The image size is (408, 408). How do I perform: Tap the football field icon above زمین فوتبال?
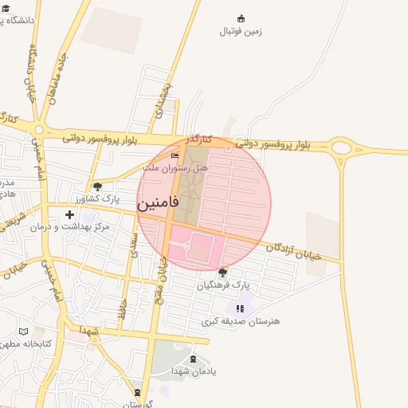click(241, 18)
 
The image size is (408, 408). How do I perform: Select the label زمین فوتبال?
click(241, 32)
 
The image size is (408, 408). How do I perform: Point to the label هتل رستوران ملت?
click(175, 168)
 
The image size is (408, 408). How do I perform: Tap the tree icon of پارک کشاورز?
click(97, 186)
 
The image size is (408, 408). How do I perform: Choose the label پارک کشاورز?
click(96, 198)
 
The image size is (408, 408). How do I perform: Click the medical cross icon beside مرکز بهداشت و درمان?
click(70, 214)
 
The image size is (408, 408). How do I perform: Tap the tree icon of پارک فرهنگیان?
click(222, 273)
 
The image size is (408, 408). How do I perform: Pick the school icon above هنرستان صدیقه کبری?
click(240, 308)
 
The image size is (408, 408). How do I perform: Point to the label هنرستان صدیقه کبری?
click(241, 320)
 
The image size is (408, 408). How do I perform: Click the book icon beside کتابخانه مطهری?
click(23, 331)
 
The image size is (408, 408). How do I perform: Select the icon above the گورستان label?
click(138, 392)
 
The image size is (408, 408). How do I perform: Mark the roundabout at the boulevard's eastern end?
click(342, 147)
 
